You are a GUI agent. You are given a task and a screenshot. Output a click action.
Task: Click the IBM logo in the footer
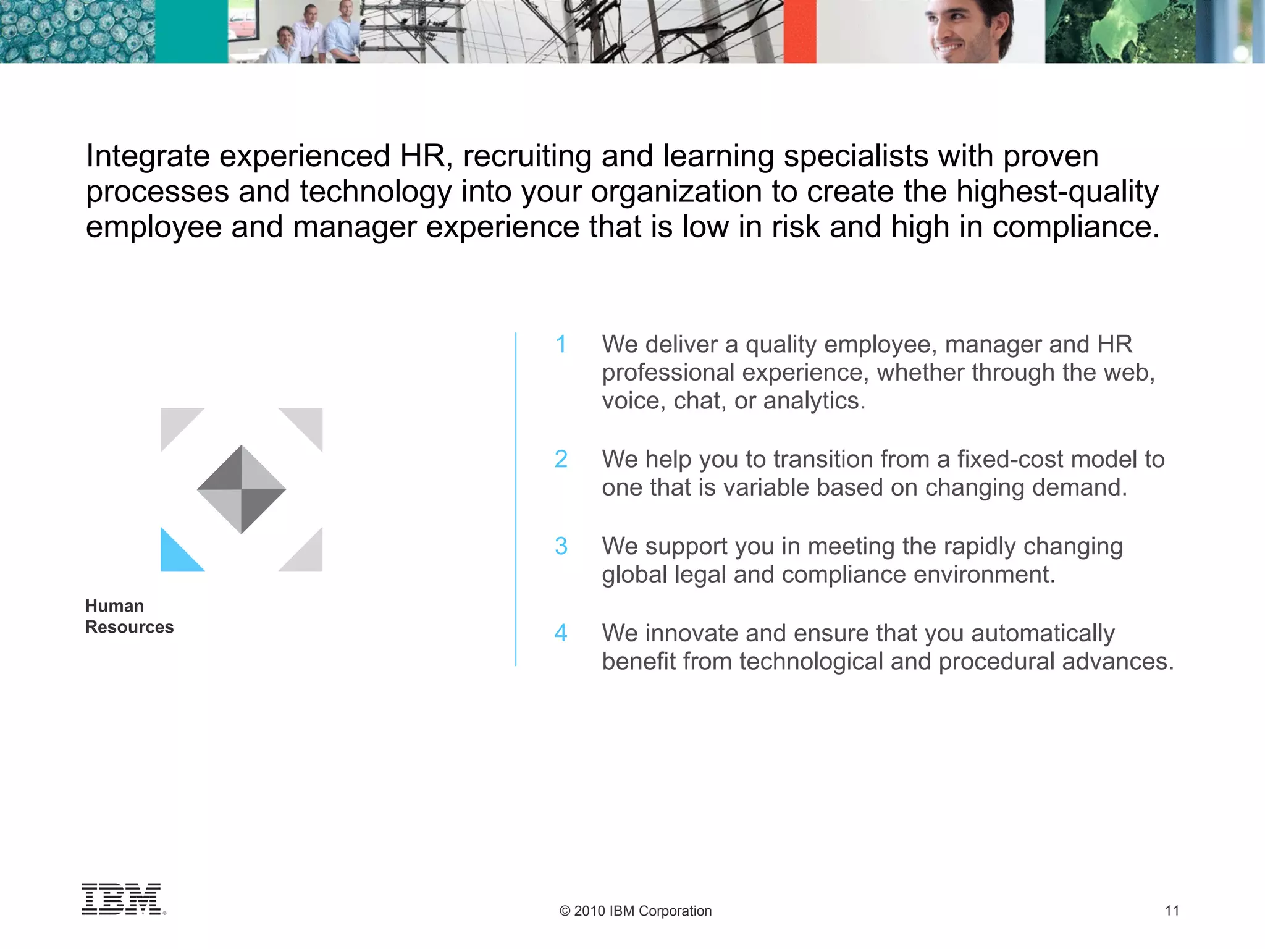[x=122, y=899]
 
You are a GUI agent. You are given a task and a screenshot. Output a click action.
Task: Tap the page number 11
[x=1172, y=911]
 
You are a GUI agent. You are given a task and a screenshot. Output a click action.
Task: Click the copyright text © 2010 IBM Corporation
[x=635, y=911]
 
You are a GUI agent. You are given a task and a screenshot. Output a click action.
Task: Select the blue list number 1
[x=561, y=345]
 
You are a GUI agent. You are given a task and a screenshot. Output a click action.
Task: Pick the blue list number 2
[x=561, y=460]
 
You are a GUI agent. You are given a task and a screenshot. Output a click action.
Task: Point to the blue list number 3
[x=561, y=546]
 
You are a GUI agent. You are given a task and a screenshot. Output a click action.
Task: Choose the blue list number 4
[x=561, y=633]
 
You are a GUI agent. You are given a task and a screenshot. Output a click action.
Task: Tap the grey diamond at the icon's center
[x=242, y=489]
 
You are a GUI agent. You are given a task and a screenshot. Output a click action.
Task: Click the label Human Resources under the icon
[x=129, y=616]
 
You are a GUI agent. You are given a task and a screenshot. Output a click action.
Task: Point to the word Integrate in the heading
[x=148, y=156]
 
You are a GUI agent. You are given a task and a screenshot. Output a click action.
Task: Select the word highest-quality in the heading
[x=1057, y=192]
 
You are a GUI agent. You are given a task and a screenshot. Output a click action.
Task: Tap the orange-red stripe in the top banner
[x=800, y=31]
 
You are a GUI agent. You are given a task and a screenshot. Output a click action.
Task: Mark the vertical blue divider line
[x=516, y=499]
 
